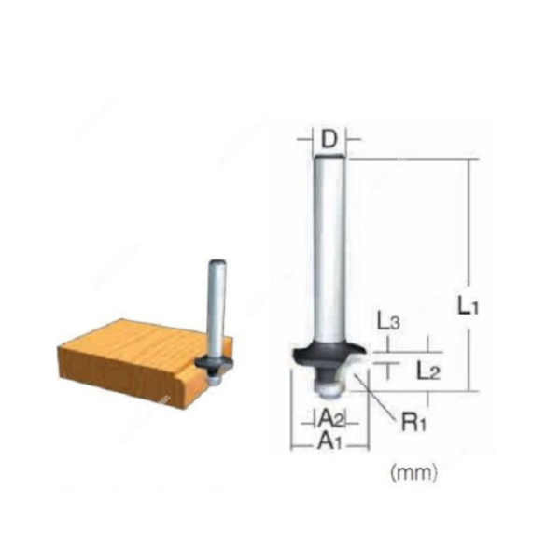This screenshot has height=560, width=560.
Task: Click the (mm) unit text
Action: pyautogui.click(x=413, y=472)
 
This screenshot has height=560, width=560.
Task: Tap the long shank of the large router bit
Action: pyautogui.click(x=329, y=252)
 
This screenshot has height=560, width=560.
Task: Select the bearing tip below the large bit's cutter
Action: pyautogui.click(x=328, y=376)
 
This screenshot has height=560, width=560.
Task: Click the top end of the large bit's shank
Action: pyautogui.click(x=329, y=161)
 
